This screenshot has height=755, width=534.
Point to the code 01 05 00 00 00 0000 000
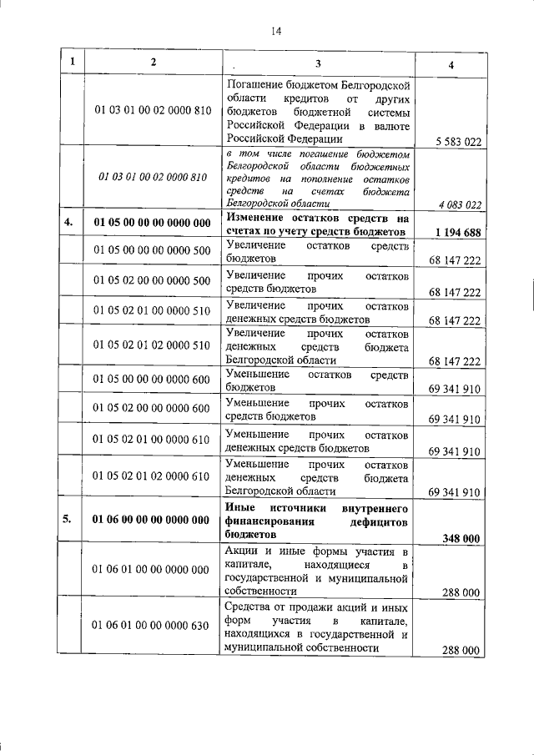pos(153,223)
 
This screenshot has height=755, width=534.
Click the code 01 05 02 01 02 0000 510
pos(153,345)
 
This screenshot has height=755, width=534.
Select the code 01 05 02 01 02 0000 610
pos(153,476)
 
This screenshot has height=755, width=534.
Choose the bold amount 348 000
pos(460,539)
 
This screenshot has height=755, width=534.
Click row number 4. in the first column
pos(73,223)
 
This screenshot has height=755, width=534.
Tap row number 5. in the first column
pos(73,520)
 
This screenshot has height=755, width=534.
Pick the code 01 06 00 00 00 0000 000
pos(153,520)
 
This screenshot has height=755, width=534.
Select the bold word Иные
pos(241,507)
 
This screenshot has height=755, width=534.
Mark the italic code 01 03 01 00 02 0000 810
pos(153,177)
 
